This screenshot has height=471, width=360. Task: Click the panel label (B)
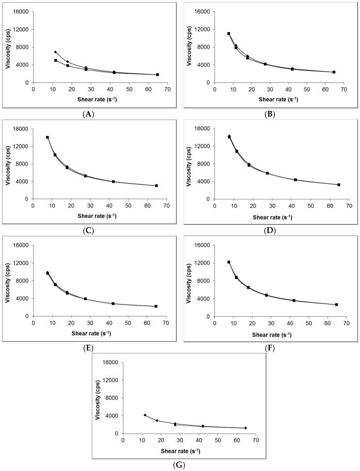(269, 114)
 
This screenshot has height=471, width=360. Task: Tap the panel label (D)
(269, 230)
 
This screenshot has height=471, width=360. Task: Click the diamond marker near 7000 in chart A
(55, 52)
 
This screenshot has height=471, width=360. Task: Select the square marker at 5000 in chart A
(56, 61)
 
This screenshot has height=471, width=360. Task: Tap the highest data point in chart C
(47, 137)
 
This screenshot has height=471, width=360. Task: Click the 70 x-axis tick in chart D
(348, 205)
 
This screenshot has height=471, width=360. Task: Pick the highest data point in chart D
(229, 136)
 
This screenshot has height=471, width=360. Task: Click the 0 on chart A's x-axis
(33, 89)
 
